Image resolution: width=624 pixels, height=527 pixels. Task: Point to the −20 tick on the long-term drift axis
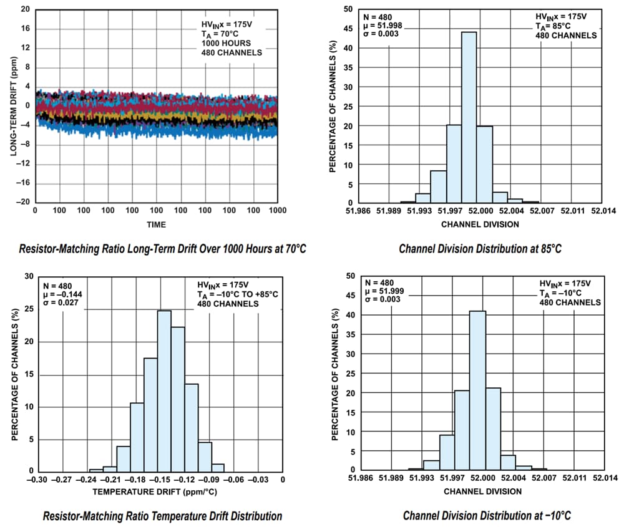coord(24,202)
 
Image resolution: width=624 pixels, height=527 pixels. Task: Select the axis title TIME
coord(156,225)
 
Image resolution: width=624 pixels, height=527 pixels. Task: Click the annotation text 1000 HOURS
coord(226,43)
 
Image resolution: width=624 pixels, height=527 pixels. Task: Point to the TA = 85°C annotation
coord(553,26)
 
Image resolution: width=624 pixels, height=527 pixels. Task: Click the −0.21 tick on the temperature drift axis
coord(110,480)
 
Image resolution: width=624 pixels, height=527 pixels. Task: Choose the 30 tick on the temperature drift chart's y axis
coord(29,276)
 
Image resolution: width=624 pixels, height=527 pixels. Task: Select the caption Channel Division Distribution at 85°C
coord(480,249)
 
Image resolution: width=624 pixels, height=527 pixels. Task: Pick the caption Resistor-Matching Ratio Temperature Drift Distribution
coord(162,516)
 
